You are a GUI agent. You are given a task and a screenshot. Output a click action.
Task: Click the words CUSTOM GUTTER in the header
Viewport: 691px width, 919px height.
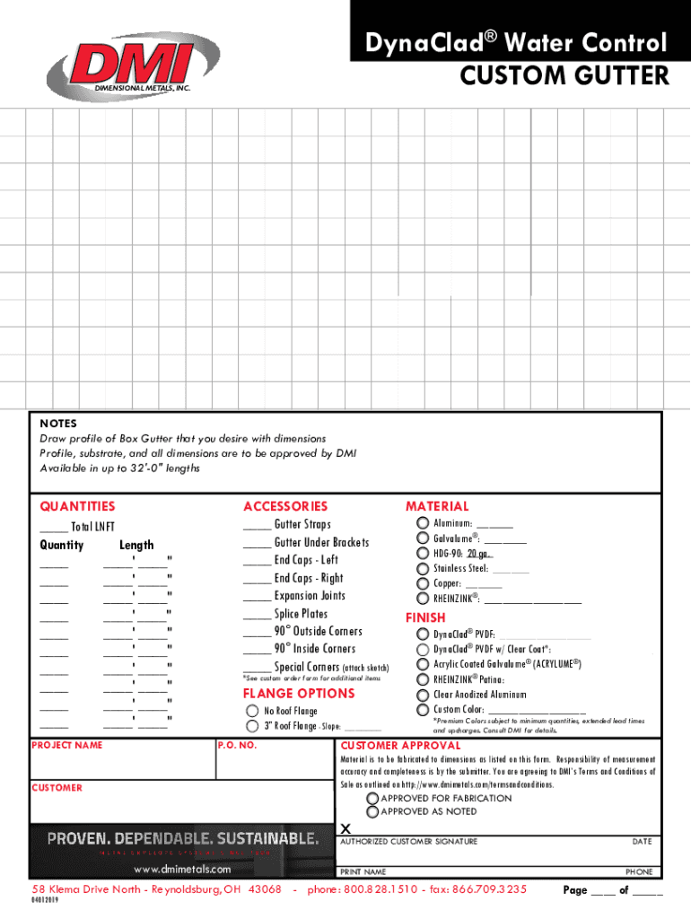[x=564, y=76]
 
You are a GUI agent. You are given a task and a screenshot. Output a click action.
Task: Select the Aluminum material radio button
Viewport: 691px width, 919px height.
[x=423, y=523]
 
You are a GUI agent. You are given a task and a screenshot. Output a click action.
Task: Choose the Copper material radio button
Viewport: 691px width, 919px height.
[x=423, y=583]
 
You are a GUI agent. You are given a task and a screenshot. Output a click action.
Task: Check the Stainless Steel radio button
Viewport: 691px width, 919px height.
[x=423, y=568]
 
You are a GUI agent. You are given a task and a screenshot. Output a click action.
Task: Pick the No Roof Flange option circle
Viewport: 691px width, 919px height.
[x=253, y=711]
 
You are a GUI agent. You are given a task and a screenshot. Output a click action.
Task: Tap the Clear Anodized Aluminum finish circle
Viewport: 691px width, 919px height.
[x=423, y=694]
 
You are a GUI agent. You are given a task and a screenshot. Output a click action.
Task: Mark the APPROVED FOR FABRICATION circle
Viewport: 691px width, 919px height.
[x=372, y=798]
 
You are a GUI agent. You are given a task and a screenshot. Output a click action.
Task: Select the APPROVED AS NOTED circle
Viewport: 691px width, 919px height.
[x=372, y=811]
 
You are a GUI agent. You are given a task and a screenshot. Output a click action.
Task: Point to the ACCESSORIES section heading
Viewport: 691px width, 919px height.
[x=285, y=507]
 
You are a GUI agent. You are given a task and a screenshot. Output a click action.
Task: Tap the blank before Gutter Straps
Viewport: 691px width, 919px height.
[x=257, y=526]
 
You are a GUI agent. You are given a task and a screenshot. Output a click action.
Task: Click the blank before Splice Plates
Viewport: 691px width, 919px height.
[x=257, y=616]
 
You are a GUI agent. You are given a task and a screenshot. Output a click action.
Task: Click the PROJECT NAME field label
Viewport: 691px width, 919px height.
[x=67, y=745]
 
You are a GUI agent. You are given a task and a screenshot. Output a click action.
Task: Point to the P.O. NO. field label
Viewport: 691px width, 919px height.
[x=238, y=745]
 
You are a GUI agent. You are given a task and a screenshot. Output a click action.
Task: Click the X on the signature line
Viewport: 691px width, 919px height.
[x=345, y=827]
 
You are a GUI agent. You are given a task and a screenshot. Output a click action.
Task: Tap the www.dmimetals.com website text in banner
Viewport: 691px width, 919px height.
[x=181, y=869]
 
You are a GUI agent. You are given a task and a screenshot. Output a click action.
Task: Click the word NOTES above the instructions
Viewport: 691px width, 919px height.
[x=58, y=424]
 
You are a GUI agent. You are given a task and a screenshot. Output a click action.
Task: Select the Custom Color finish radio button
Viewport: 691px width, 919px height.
[x=423, y=709]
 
